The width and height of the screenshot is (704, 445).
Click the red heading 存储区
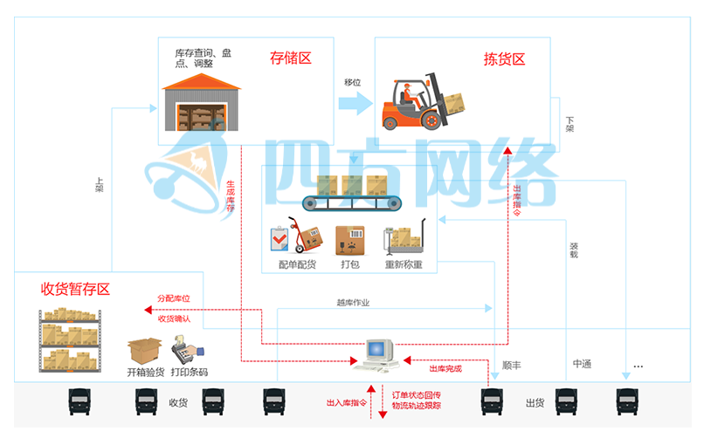pyautogui.click(x=291, y=59)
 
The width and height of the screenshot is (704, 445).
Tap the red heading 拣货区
pyautogui.click(x=505, y=59)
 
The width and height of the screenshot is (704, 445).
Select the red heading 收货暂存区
pyautogui.click(x=75, y=289)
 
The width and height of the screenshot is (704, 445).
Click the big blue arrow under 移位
pyautogui.click(x=354, y=103)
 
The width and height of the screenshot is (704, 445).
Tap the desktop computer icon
pyautogui.click(x=378, y=353)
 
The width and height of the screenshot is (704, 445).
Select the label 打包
pyautogui.click(x=349, y=264)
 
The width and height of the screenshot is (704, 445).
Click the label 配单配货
pyautogui.click(x=297, y=264)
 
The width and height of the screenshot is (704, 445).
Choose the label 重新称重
pyautogui.click(x=404, y=264)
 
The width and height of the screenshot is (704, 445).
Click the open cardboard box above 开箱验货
pyautogui.click(x=144, y=351)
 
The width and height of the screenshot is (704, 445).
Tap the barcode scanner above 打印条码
pyautogui.click(x=184, y=352)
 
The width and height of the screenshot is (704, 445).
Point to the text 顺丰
pyautogui.click(x=512, y=365)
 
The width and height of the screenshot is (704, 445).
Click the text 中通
pyautogui.click(x=582, y=364)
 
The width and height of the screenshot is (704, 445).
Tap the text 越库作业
pyautogui.click(x=353, y=303)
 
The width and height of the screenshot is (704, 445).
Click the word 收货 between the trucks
pyautogui.click(x=178, y=403)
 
